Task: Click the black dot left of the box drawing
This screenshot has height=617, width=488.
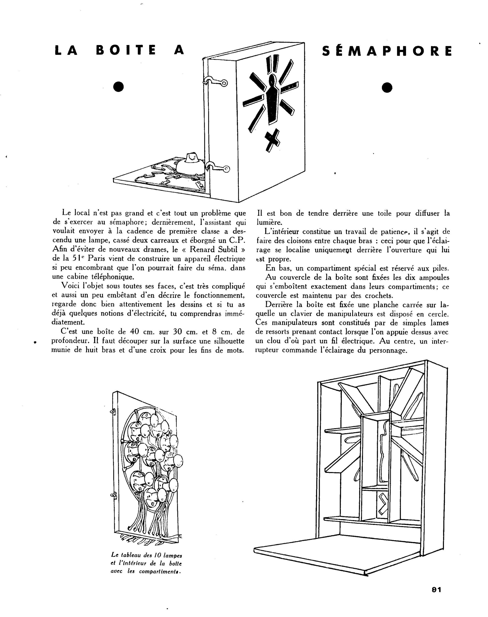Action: coord(118,87)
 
